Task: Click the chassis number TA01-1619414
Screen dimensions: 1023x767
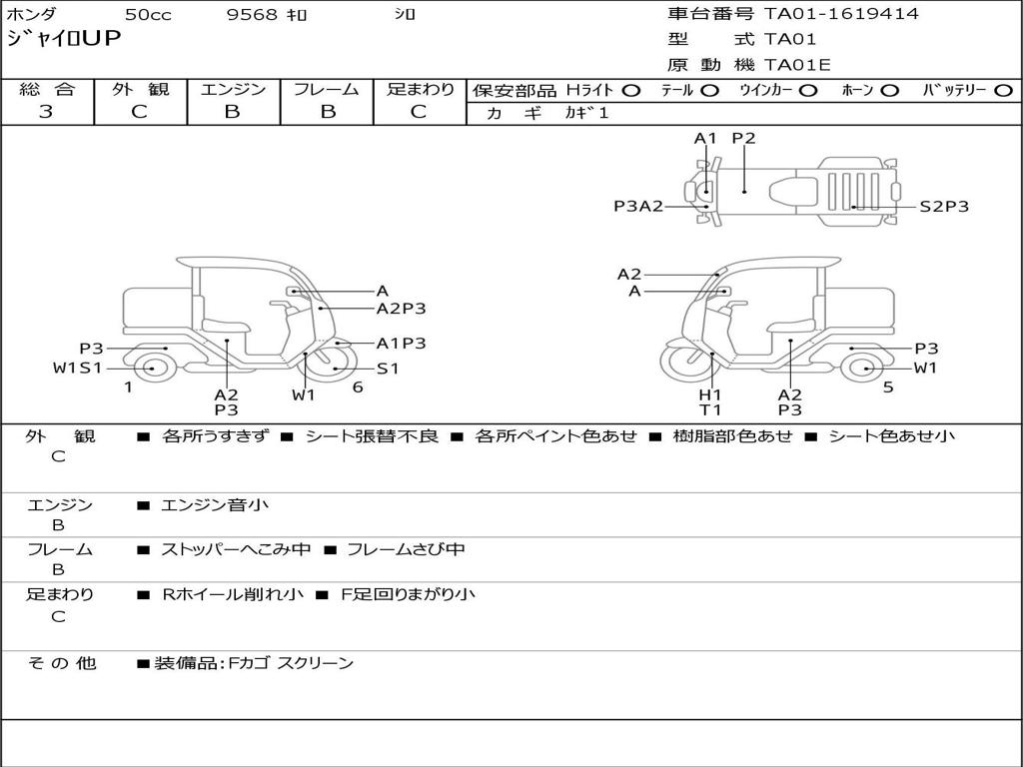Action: [841, 14]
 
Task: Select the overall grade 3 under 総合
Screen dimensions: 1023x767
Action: [46, 112]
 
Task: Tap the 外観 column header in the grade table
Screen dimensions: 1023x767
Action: [140, 89]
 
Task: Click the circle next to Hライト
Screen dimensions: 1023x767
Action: [631, 91]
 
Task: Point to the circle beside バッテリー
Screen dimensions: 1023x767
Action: [1004, 91]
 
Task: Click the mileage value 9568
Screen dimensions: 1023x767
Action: [253, 14]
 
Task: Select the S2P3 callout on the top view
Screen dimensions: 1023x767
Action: [944, 207]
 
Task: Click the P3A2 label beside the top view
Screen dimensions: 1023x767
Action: [638, 206]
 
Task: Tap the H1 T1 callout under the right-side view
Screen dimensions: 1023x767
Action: [710, 402]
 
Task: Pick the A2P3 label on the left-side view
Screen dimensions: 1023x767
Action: [402, 309]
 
